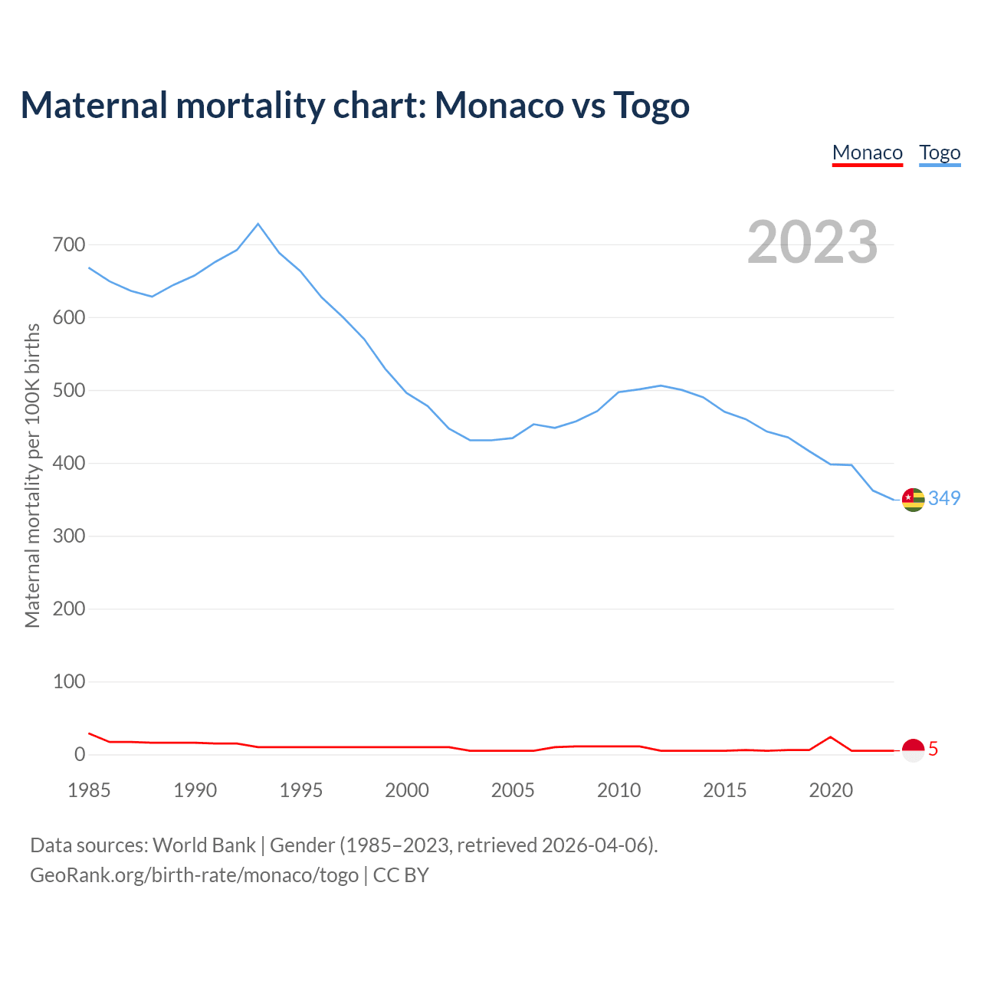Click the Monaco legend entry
[x=867, y=153]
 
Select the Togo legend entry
[x=940, y=153]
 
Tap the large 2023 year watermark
[x=812, y=242]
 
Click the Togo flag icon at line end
[x=913, y=500]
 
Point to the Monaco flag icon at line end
[x=913, y=750]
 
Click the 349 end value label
[x=944, y=499]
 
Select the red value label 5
[x=933, y=750]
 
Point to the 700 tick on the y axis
[x=69, y=245]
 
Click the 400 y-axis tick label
[x=69, y=464]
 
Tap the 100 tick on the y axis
[x=69, y=682]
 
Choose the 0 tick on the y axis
[x=80, y=755]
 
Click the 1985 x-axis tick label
[x=89, y=791]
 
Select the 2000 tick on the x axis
[x=407, y=791]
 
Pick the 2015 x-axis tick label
[x=725, y=791]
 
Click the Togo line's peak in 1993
[x=258, y=224]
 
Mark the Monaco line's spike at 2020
[x=831, y=737]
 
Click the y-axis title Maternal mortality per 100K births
[x=32, y=475]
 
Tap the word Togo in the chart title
[x=651, y=105]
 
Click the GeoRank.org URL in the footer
[x=194, y=875]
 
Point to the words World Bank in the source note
[x=204, y=845]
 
